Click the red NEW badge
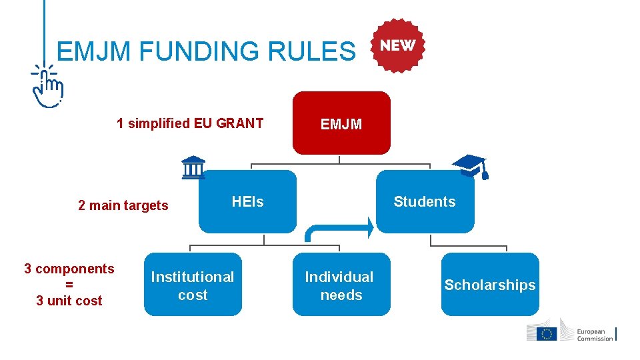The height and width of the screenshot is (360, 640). point(398,45)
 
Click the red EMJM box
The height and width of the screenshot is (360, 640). point(341,123)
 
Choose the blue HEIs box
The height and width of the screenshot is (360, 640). point(247,201)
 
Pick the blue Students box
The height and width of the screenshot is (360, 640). point(425,201)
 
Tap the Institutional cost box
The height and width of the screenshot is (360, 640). point(193,285)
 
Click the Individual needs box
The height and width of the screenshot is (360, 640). point(341,285)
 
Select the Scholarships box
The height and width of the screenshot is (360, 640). point(490,285)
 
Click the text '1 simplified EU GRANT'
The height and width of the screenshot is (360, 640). point(190,123)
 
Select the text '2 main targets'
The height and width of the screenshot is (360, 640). point(123,205)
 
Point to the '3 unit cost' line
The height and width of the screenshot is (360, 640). point(69,301)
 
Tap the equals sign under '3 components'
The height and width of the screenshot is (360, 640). point(69,285)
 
